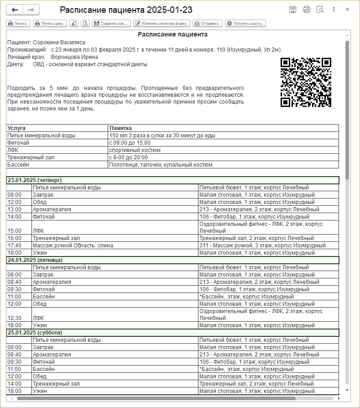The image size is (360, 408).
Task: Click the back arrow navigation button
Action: click(15, 10)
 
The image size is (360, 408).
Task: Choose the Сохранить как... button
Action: click(111, 23)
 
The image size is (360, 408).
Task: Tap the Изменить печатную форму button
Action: click(162, 23)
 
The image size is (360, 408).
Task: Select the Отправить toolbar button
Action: click(208, 23)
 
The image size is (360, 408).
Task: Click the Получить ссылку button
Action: click(245, 23)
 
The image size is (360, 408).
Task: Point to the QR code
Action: click(305, 82)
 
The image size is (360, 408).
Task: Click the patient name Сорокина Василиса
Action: click(59, 42)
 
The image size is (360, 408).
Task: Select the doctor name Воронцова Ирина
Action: click(74, 57)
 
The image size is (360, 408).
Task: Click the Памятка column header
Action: click(120, 128)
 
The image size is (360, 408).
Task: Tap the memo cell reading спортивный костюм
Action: click(135, 150)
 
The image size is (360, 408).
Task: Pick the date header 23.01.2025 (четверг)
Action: click(35, 180)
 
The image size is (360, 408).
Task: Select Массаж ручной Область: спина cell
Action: click(73, 246)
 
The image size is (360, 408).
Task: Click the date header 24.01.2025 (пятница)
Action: click(35, 260)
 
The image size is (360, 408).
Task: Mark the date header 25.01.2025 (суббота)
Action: click(35, 333)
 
